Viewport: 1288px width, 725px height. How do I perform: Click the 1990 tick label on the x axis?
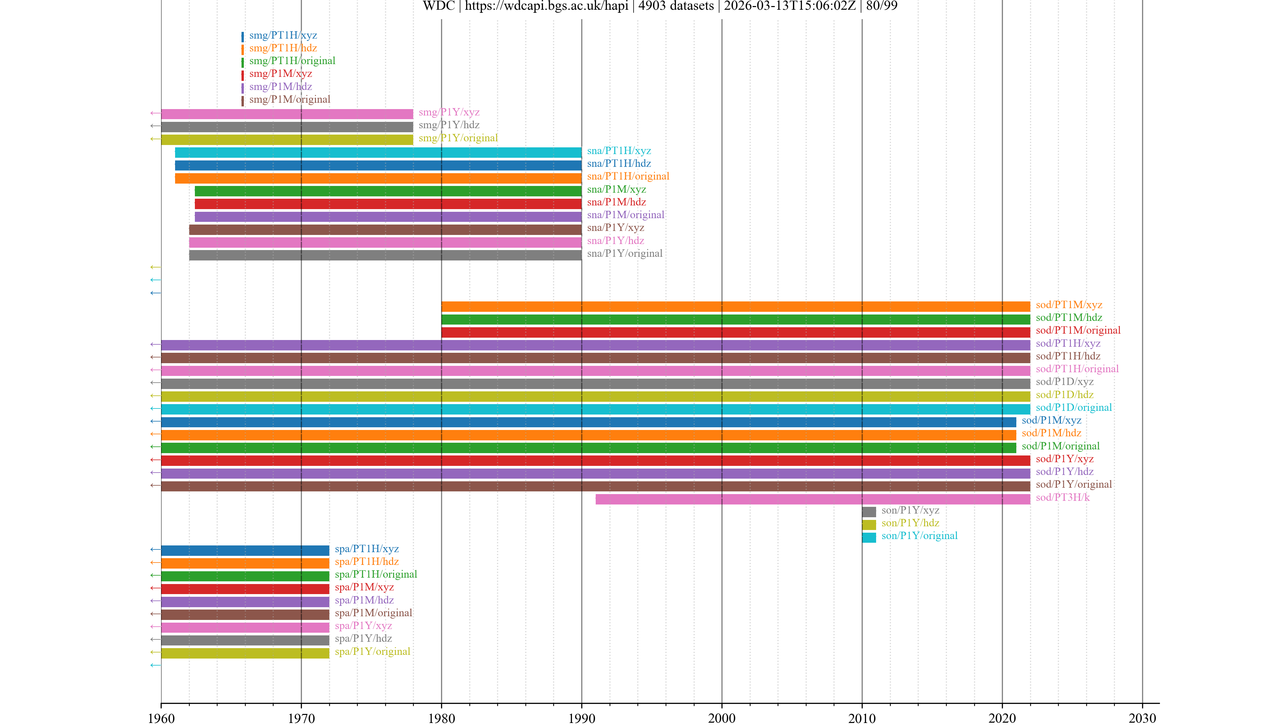(x=582, y=718)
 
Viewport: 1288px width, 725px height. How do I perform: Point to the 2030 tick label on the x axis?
(x=1142, y=718)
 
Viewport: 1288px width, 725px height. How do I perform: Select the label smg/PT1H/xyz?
(x=283, y=35)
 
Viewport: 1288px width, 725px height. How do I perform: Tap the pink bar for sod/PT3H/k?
(x=812, y=499)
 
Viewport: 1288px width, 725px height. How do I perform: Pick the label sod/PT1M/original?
(x=1078, y=330)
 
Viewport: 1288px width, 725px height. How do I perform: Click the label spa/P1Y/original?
(x=373, y=651)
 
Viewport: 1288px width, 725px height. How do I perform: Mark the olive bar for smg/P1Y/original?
(x=287, y=140)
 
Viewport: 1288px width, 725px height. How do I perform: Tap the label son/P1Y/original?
(x=919, y=536)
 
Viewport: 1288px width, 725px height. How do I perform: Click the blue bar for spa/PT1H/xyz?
(x=245, y=550)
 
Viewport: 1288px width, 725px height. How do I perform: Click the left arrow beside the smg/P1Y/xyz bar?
(x=155, y=113)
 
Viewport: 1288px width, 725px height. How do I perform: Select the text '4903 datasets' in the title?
(x=676, y=6)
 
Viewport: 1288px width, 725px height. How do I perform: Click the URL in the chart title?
(x=546, y=6)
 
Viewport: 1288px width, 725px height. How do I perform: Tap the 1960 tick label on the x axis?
(x=161, y=718)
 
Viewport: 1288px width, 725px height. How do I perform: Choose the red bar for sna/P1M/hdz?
(x=388, y=204)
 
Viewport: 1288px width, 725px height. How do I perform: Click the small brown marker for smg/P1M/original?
(x=243, y=101)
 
